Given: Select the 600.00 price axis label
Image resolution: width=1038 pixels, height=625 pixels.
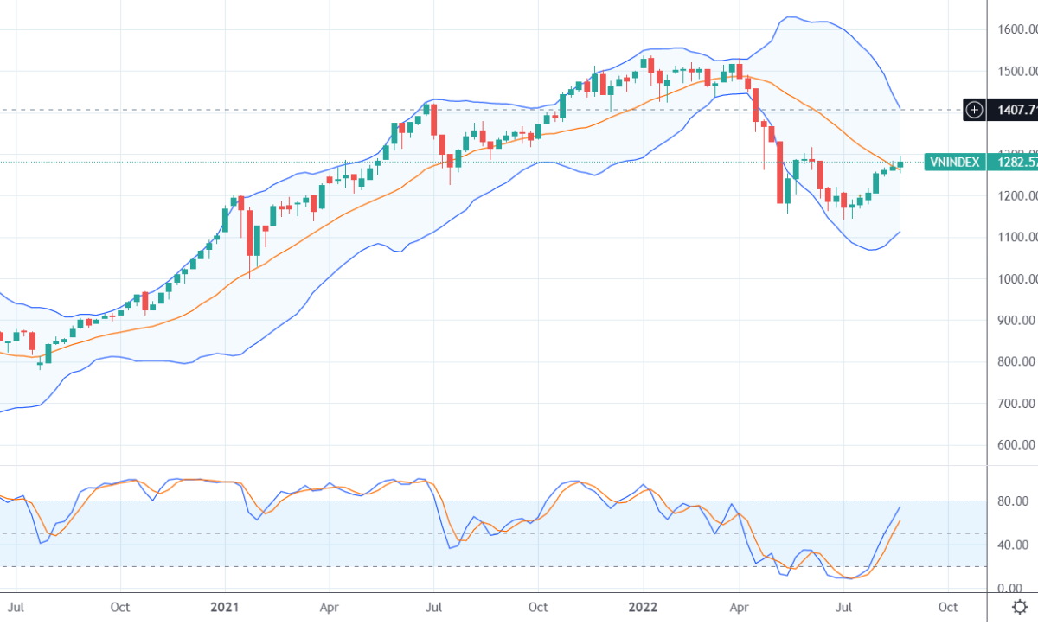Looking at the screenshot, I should (x=1016, y=445).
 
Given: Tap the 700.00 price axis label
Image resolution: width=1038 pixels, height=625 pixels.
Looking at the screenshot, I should (x=1016, y=404).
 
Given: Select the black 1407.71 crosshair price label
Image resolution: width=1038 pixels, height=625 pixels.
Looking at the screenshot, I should (x=1014, y=110).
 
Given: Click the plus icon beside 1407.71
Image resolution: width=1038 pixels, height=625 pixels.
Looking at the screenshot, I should (x=975, y=110).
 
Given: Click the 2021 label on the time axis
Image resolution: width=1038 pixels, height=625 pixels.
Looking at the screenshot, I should (x=225, y=607).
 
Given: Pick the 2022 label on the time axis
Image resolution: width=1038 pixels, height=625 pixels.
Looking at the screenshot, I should (x=643, y=607).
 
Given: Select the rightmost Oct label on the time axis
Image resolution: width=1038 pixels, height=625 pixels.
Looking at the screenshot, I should (x=948, y=607).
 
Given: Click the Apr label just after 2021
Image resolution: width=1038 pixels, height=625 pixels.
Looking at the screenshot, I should (x=329, y=607).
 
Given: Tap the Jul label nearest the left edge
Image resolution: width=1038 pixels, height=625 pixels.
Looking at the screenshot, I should (x=15, y=607).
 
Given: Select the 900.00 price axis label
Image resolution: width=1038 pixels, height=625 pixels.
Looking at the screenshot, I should (x=1016, y=321).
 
